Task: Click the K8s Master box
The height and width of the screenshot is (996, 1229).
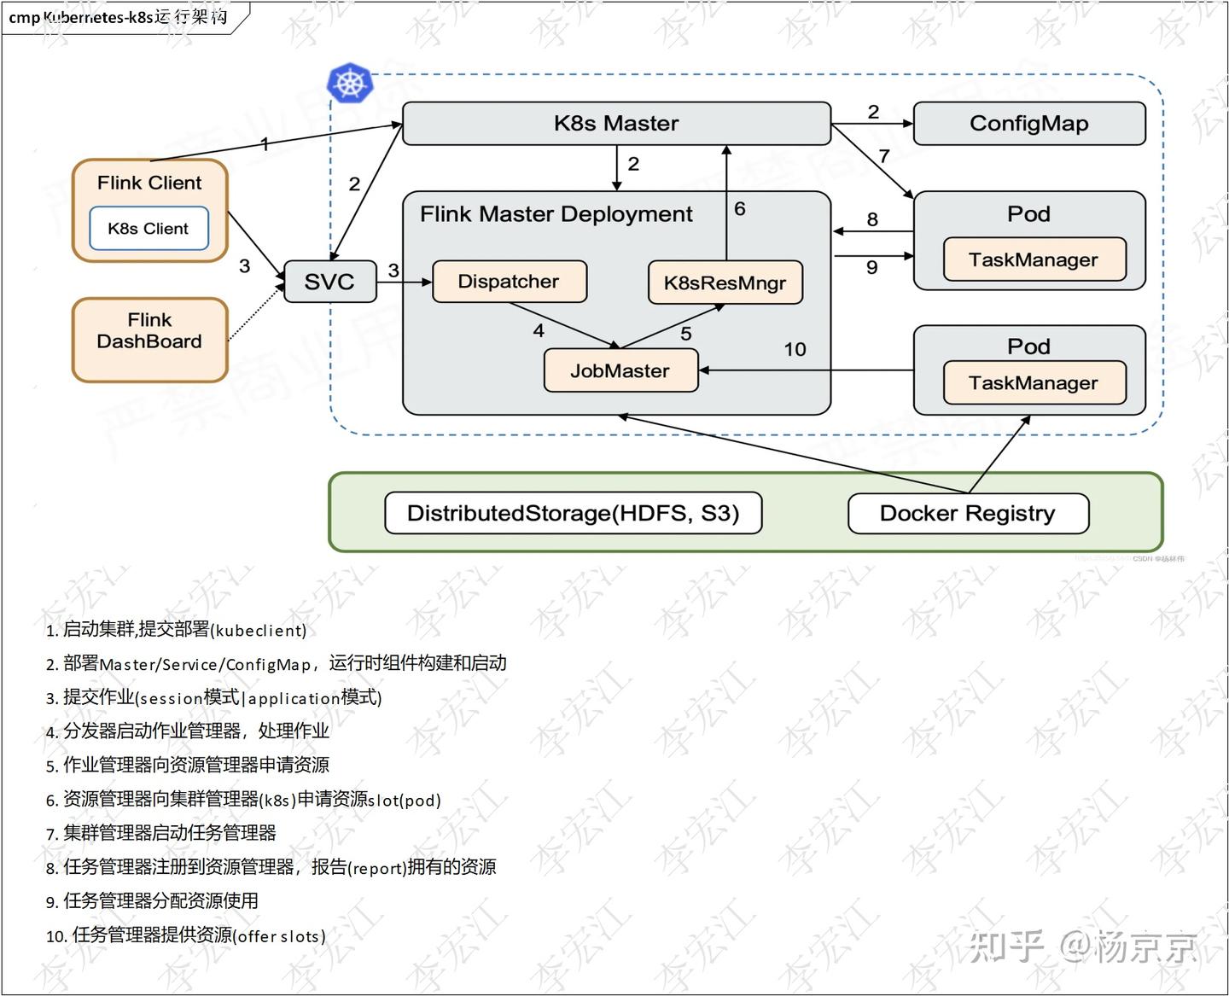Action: (616, 124)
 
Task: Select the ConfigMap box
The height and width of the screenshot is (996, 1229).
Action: (1029, 124)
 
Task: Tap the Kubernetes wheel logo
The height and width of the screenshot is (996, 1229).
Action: (350, 83)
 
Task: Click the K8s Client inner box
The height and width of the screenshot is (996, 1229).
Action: (149, 229)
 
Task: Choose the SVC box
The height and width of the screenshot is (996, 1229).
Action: (329, 282)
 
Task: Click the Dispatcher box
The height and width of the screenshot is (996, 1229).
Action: (509, 282)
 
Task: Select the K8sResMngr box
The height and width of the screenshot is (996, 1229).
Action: (725, 282)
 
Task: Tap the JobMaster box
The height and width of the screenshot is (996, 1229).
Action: (620, 370)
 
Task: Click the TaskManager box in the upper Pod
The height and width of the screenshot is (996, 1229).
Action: (1034, 259)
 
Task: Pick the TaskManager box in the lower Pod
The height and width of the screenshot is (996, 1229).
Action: (1034, 382)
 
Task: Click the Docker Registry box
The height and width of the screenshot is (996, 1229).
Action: (968, 513)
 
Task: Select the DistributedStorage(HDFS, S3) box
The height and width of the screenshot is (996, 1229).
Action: (573, 513)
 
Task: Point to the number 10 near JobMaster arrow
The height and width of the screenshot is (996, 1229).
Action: (795, 349)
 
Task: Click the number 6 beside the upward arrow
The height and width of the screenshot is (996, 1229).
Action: (739, 209)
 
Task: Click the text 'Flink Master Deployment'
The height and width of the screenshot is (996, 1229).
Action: (556, 213)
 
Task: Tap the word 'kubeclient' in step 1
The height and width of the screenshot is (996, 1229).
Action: (258, 631)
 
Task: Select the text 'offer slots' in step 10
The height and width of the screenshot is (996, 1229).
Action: (278, 936)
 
